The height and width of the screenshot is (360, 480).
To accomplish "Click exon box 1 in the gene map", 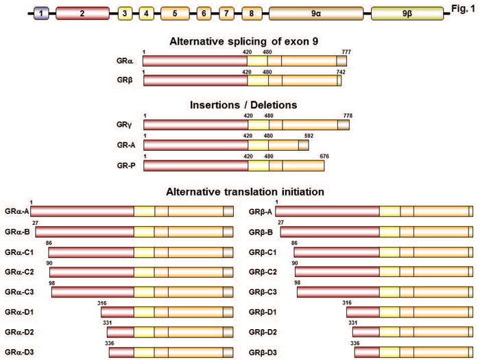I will coord(42,13).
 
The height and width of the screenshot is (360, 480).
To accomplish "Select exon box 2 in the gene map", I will coord(82,13).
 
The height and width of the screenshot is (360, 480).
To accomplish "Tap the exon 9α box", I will coord(315,13).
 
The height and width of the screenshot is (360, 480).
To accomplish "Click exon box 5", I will coord(175,13).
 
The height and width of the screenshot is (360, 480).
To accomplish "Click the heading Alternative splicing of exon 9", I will coord(244,40).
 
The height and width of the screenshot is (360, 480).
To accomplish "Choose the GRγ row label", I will coord(125,125).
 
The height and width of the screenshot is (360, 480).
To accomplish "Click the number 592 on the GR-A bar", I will coord(308,136).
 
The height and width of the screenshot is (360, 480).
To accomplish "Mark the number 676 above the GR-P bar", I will coord(324,156).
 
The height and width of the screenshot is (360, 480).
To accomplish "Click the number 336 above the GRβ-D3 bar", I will coord(355,341).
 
